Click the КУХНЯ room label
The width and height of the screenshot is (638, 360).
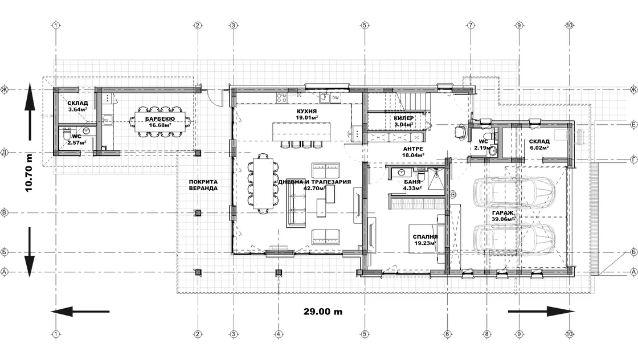coord(307,111)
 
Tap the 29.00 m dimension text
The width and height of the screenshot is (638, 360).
coord(322,312)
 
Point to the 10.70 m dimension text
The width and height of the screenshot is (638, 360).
coord(29,173)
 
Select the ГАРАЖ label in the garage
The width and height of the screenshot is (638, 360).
coord(502,212)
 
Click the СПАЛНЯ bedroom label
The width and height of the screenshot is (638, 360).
coord(425,237)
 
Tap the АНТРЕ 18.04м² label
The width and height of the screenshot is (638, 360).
coord(413,152)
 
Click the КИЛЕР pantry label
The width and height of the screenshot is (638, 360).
coord(404,118)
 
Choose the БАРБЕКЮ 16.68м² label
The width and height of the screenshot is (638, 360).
coord(160,122)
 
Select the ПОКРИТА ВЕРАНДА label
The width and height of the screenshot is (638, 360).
coord(203,185)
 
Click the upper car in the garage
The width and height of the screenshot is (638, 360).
coord(514,189)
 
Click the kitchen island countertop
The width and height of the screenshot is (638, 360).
coord(301,131)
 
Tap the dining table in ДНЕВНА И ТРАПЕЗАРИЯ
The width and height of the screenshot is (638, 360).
coord(263,183)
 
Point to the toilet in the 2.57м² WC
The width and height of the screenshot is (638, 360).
coord(66,134)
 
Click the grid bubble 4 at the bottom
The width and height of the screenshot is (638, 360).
coord(279,334)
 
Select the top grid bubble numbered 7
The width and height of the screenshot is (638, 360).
coord(471,25)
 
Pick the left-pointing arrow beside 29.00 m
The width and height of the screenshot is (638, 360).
coord(80,312)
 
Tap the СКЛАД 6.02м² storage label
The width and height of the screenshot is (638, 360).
coord(539,145)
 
